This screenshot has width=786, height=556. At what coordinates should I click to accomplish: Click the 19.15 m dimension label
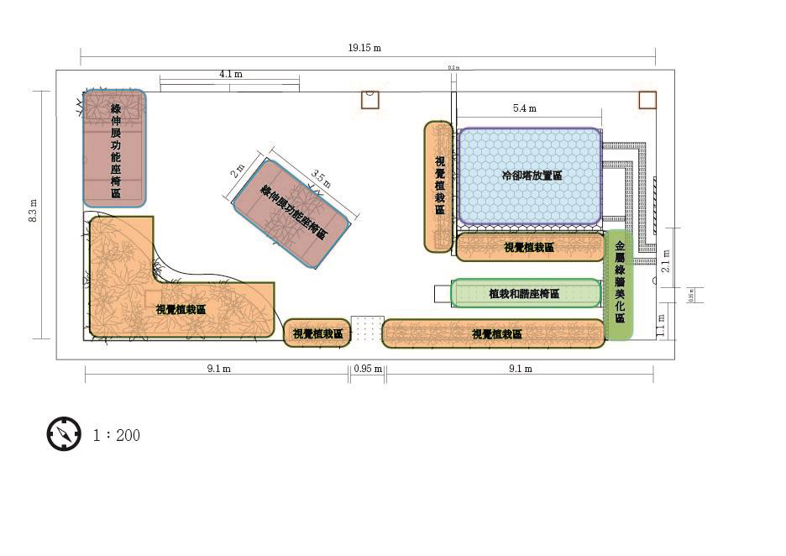pos(364,48)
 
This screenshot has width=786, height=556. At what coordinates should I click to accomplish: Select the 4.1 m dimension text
pos(231,74)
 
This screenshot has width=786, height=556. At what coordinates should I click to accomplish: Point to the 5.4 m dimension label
pos(525,108)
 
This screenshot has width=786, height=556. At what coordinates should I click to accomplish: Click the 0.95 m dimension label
pos(368,369)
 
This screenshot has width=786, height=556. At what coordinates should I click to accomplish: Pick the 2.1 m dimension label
pos(666,260)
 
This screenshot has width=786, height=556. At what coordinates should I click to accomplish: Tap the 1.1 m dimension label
pos(661,323)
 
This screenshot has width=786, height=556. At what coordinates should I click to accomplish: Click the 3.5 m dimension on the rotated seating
pos(321,179)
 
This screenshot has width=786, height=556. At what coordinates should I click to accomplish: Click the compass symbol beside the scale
pos(64,434)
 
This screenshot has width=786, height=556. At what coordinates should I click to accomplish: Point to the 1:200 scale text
pos(117,435)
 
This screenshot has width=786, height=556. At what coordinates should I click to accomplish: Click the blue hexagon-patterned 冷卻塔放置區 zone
pos(530,176)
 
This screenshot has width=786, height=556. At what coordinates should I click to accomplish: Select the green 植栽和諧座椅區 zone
pos(526,294)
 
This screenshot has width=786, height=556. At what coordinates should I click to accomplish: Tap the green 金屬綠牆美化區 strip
pos(619,284)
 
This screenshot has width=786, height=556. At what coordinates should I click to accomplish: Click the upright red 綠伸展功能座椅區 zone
pos(115,149)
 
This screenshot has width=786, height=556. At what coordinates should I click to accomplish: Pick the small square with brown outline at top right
pos(647,100)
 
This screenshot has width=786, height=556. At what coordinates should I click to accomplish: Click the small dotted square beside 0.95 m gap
pos(367,328)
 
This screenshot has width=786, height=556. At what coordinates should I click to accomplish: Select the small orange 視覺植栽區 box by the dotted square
pos(317,333)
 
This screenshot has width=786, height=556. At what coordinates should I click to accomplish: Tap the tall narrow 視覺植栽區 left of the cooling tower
pos(438,186)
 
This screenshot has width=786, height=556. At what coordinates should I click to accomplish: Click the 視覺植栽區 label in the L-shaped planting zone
pos(181,309)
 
